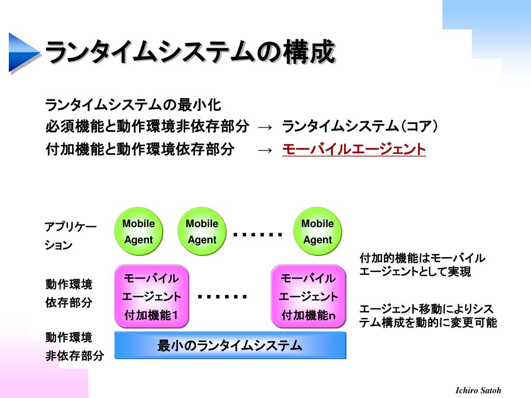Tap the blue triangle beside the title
22,52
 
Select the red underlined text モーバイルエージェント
354,150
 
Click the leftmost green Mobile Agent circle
138,232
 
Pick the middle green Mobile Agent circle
202,232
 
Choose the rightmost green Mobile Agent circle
317,232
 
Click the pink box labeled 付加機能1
151,296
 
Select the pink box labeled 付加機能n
309,296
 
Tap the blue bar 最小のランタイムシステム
230,346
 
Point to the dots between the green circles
258,235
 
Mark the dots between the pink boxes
222,297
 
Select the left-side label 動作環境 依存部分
69,293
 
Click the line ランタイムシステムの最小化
133,105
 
